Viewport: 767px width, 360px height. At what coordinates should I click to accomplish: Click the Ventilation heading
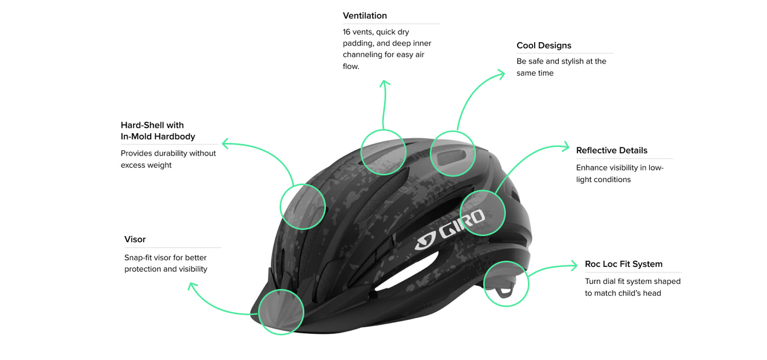point(365,16)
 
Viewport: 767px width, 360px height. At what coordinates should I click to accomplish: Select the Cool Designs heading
point(543,45)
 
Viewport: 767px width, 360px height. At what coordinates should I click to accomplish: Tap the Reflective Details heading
point(611,151)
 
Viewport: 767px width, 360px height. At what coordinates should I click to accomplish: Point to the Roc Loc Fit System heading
point(623,264)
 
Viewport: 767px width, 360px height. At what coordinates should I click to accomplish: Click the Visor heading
point(135,239)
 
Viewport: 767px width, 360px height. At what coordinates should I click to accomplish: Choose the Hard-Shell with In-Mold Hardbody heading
point(158,131)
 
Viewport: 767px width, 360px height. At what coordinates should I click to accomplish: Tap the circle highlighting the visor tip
point(281,311)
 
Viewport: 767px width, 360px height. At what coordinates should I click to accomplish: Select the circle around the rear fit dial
point(506,284)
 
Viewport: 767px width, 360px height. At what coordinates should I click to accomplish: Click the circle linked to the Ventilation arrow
point(383,152)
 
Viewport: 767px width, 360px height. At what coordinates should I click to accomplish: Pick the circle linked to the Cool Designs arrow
point(453,153)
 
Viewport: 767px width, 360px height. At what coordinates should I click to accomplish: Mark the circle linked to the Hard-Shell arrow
point(302,207)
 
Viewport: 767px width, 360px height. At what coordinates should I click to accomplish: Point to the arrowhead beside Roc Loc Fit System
point(574,266)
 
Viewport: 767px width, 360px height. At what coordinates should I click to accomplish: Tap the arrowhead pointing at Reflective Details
point(566,146)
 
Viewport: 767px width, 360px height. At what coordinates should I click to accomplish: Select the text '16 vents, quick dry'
point(376,32)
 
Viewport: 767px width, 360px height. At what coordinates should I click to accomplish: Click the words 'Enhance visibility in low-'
point(620,168)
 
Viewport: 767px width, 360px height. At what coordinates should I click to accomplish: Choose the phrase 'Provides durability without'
point(168,153)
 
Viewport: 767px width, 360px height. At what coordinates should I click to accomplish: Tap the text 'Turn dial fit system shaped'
point(632,282)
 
